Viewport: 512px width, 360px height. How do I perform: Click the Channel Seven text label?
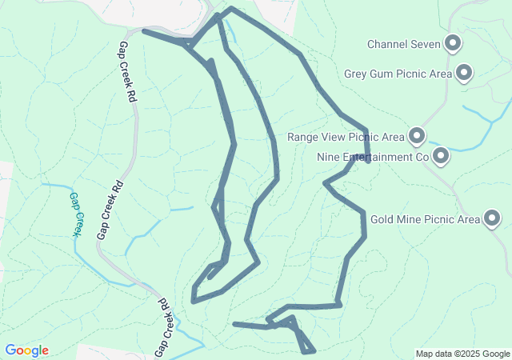[x=404, y=44]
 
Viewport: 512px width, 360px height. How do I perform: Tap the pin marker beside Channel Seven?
[x=453, y=43]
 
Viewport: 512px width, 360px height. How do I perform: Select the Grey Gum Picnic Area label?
[x=398, y=74]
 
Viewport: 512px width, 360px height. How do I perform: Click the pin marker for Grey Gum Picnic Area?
[x=463, y=74]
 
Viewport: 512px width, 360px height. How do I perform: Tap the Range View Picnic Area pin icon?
[x=417, y=137]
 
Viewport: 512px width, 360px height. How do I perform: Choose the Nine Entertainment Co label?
[x=374, y=157]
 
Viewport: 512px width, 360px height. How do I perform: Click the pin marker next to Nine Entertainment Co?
[x=440, y=156]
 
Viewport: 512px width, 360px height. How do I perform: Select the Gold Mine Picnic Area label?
[x=425, y=219]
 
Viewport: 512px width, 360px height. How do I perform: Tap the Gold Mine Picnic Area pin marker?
[x=491, y=218]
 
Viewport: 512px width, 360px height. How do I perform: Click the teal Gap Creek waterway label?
[x=75, y=214]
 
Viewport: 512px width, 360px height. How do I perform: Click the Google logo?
[x=26, y=350]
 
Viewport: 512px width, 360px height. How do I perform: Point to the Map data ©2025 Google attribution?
[x=462, y=354]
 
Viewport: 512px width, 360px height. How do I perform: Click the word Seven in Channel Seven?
[x=426, y=44]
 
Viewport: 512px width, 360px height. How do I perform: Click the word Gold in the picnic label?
[x=383, y=219]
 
